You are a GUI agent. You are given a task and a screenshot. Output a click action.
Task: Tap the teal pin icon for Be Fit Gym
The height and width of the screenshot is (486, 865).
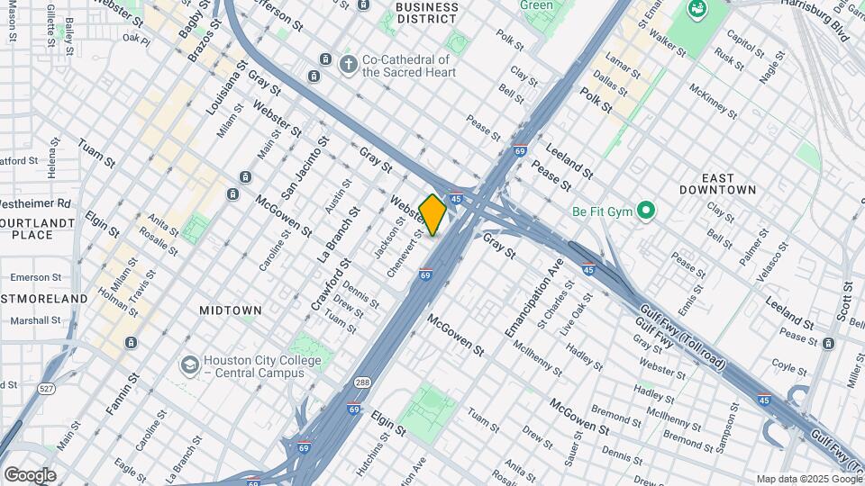click(x=644, y=212)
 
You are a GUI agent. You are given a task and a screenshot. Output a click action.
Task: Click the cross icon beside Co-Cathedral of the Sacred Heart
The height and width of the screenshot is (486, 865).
click(x=348, y=65)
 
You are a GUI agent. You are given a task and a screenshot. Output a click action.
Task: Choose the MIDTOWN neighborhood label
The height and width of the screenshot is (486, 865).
click(x=231, y=310)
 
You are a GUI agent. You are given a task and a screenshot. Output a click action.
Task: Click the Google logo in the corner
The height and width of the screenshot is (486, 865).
click(x=30, y=474)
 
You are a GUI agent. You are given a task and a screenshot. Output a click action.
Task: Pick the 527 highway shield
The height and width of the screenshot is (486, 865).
click(x=47, y=388)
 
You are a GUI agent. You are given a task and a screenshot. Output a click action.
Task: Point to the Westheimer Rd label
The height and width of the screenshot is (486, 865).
click(x=35, y=203)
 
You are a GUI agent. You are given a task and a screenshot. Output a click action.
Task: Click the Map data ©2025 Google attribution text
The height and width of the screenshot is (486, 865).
click(x=808, y=479)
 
